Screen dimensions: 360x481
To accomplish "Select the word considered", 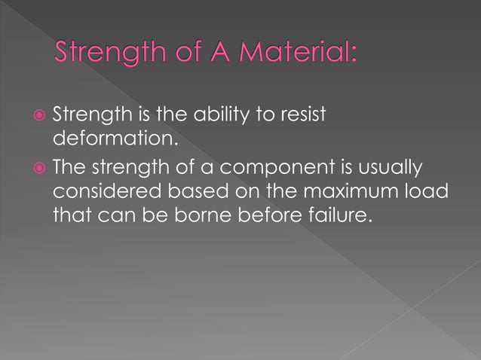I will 106,192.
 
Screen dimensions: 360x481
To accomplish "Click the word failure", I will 344,218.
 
